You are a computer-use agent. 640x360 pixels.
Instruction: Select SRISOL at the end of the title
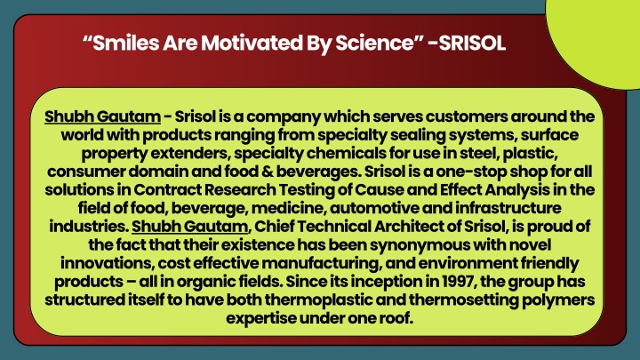(x=472, y=43)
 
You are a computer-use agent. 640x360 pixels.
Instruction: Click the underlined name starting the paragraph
(x=102, y=116)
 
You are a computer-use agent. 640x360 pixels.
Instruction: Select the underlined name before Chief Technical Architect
(x=190, y=226)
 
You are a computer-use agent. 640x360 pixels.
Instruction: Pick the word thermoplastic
(x=317, y=300)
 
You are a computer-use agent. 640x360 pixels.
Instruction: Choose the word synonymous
(x=425, y=245)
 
